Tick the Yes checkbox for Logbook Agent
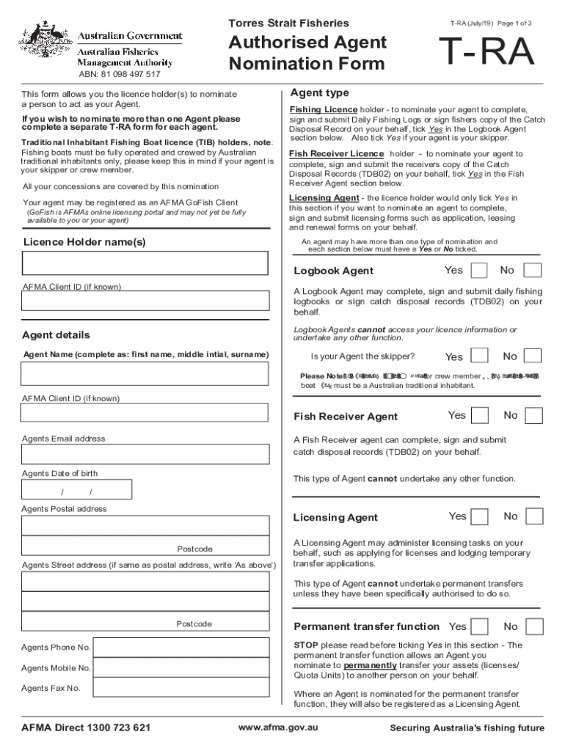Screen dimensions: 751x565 pyautogui.click(x=478, y=271)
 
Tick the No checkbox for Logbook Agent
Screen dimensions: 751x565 pyautogui.click(x=533, y=271)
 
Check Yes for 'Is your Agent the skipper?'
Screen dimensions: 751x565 pyautogui.click(x=479, y=356)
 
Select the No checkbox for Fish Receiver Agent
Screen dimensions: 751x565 pyautogui.click(x=533, y=416)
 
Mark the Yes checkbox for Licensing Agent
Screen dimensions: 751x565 pyautogui.click(x=479, y=517)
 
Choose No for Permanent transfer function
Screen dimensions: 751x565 pyautogui.click(x=534, y=626)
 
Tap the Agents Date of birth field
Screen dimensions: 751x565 pyautogui.click(x=77, y=491)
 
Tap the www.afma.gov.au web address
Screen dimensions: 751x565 pyautogui.click(x=278, y=728)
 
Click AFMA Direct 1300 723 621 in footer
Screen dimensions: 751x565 pyautogui.click(x=87, y=728)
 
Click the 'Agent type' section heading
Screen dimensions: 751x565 pyautogui.click(x=319, y=93)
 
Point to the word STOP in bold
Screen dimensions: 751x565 pyautogui.click(x=306, y=645)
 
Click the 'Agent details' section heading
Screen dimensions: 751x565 pyautogui.click(x=56, y=335)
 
